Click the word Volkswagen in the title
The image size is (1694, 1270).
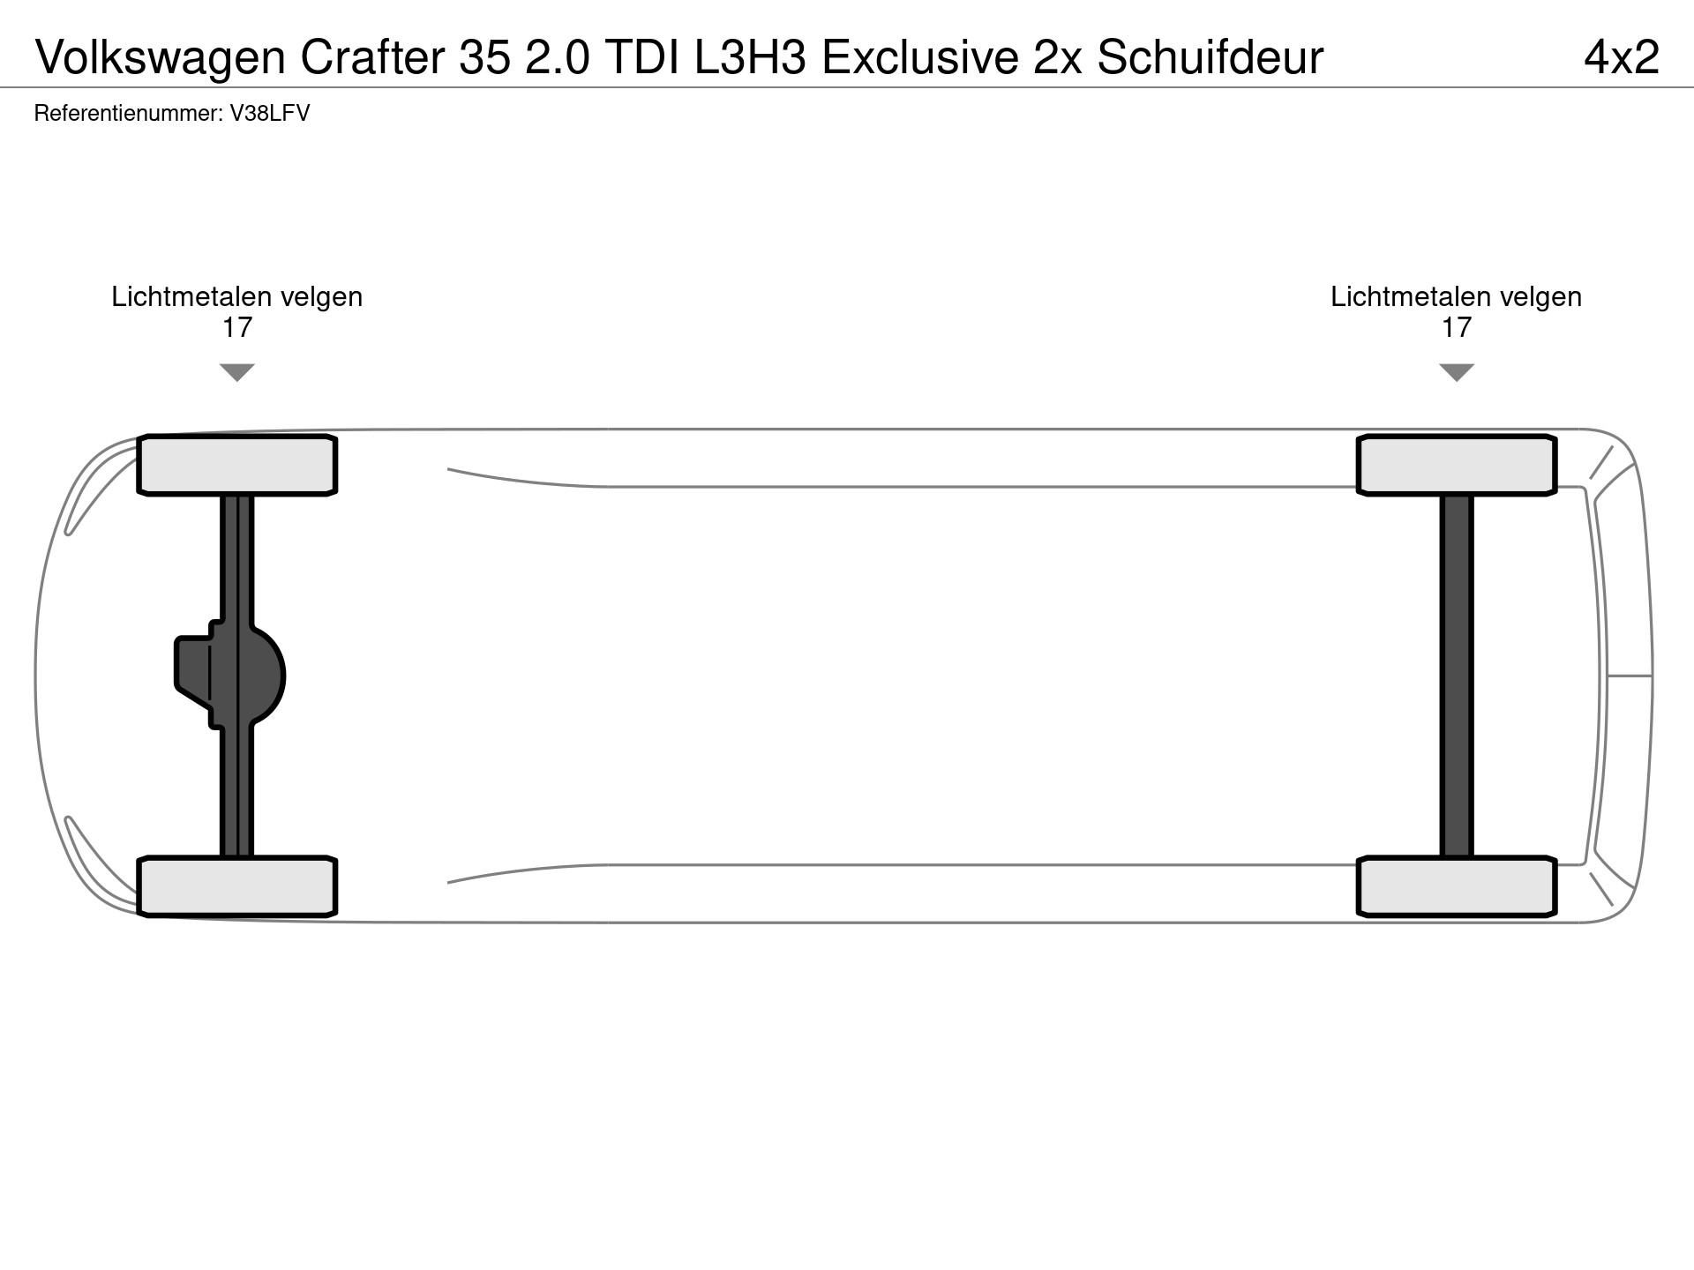161,58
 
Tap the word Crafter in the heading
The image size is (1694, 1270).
373,58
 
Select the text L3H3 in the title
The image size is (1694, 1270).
750,58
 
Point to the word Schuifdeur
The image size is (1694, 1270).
1210,58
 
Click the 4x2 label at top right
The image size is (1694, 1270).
1622,58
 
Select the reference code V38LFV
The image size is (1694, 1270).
270,114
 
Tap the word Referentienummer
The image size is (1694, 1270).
128,114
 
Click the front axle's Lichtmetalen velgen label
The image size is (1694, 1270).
236,297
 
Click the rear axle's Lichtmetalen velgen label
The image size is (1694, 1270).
1456,297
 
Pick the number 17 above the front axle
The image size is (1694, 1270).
236,328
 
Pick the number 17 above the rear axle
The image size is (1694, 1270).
1456,328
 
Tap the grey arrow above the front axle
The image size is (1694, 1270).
236,371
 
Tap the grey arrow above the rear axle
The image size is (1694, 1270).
1456,371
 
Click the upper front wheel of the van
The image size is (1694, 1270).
236,465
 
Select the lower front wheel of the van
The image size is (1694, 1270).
236,886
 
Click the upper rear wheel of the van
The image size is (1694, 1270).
1456,465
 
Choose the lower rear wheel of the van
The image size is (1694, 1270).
1456,886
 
